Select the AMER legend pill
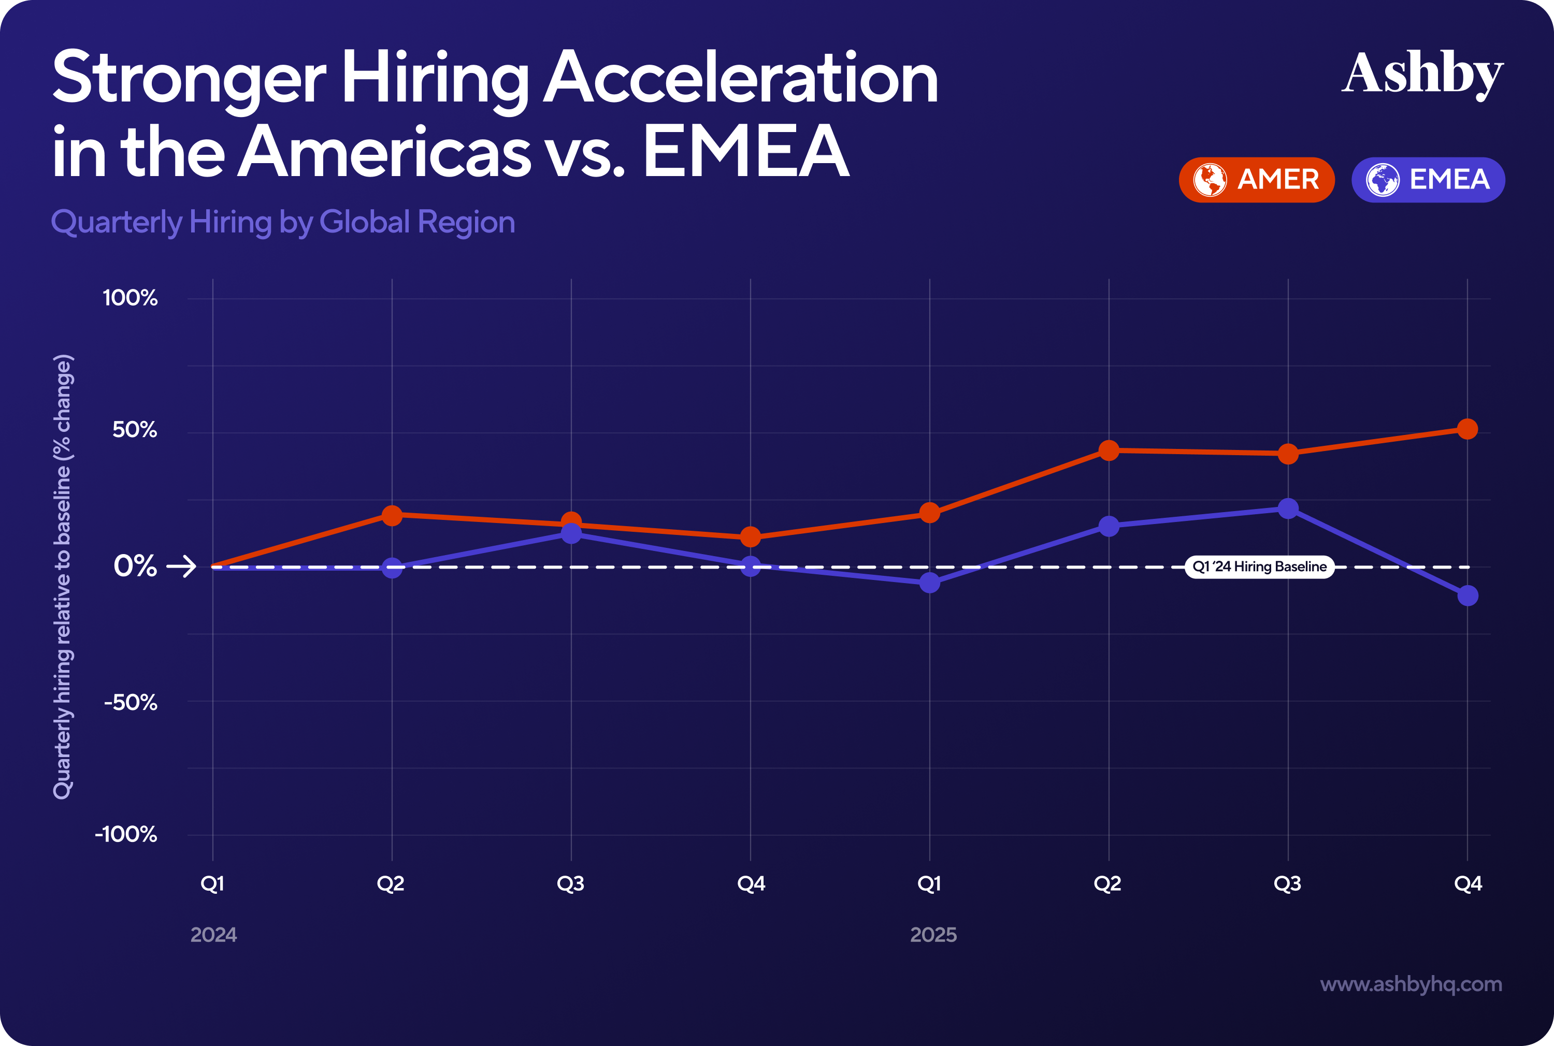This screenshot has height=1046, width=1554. pos(1257,180)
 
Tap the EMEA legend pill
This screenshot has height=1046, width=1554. pos(1428,180)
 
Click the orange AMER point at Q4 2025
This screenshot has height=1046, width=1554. pos(1466,429)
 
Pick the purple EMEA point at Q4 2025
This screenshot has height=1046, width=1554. pos(1466,595)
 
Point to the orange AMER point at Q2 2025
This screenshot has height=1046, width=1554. pos(1109,451)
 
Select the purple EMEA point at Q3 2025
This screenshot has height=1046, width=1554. pos(1288,509)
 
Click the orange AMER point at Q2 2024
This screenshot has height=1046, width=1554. pos(392,515)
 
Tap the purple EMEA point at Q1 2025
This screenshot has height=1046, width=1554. pos(929,583)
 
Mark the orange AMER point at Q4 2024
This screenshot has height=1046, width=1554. pos(751,536)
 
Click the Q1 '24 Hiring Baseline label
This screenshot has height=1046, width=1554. pos(1259,567)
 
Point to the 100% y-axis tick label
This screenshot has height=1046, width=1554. pos(130,298)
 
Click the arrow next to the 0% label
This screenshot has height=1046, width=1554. pos(181,567)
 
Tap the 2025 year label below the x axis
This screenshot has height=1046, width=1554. pos(933,935)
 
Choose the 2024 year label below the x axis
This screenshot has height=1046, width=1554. pos(213,935)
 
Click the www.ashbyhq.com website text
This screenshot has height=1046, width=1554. pos(1411,984)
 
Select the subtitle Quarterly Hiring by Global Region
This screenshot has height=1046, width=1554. pos(283,222)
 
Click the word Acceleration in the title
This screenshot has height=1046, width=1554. pos(741,79)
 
